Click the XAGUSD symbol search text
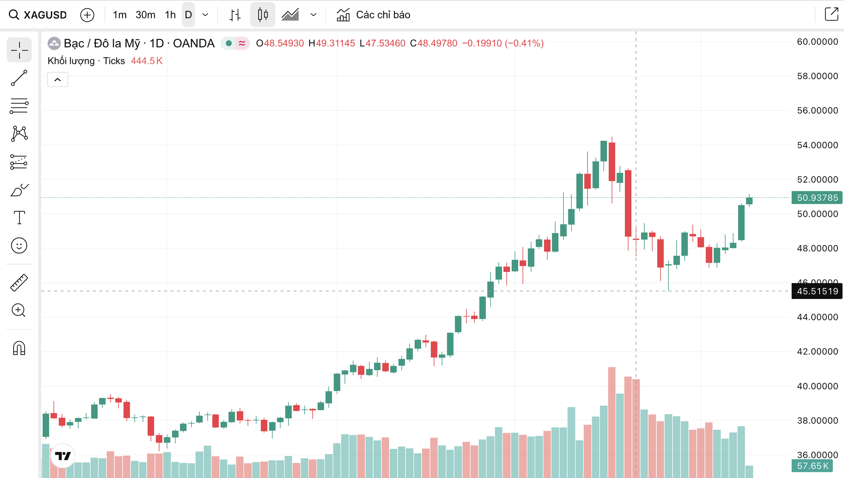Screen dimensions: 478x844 [45, 15]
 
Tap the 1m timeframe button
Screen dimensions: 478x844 [119, 15]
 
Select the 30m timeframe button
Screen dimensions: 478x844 [145, 15]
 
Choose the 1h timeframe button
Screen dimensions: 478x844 [170, 15]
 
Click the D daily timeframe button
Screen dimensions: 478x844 [188, 15]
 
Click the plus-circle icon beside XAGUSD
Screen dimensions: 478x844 [87, 15]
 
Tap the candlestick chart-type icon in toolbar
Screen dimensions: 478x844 [263, 15]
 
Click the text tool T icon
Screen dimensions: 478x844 [19, 218]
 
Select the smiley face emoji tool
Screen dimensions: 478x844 [19, 246]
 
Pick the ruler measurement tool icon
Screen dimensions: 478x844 [19, 283]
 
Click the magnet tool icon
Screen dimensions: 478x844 [19, 348]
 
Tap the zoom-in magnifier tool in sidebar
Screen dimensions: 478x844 [19, 310]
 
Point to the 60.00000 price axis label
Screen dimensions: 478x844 [817, 42]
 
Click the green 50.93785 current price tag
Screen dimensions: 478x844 [817, 198]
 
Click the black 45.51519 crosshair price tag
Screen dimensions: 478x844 [817, 291]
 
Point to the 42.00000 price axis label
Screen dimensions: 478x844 [817, 352]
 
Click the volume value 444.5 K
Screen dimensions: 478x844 [147, 61]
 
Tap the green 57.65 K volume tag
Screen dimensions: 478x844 [812, 466]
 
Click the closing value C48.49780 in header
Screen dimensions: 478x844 [434, 43]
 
